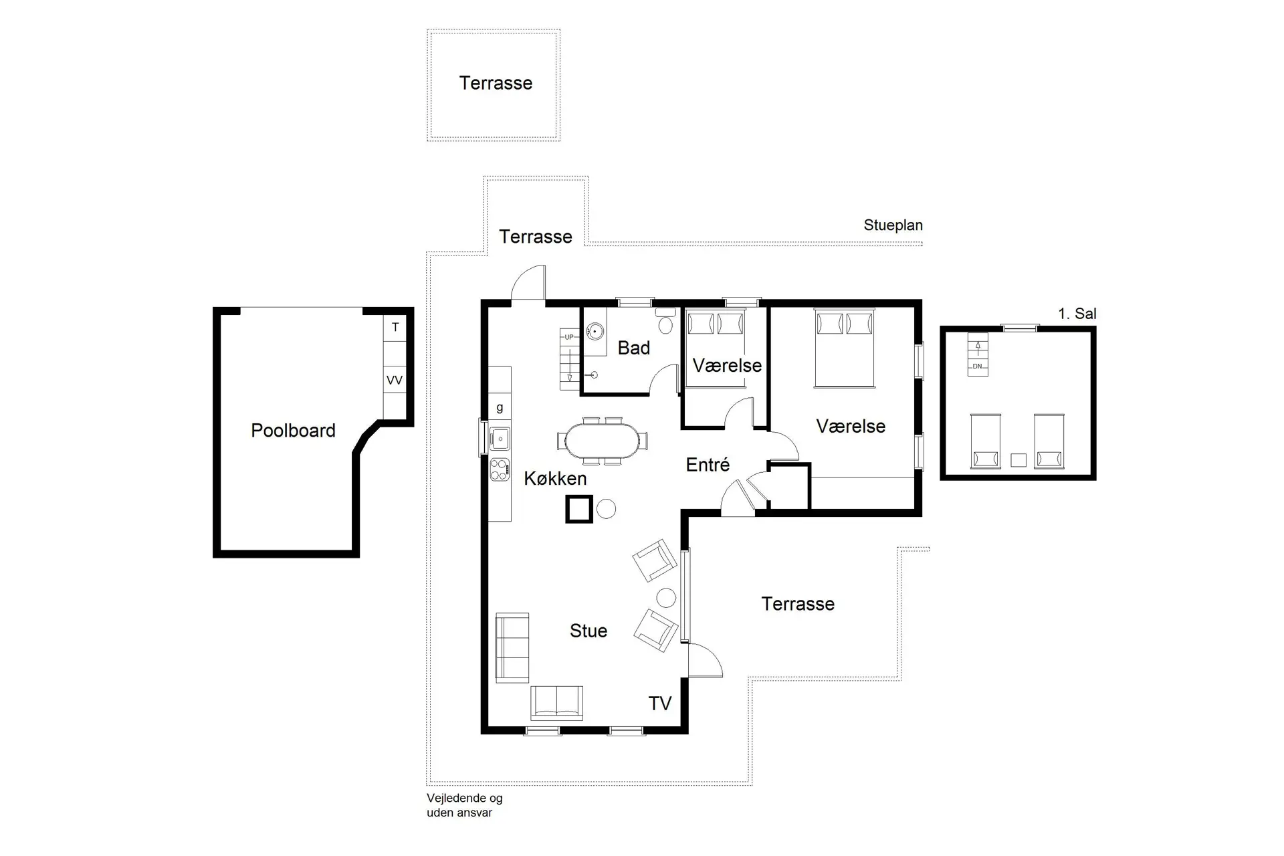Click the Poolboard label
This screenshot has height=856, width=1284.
[x=293, y=431]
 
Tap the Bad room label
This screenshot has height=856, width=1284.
[x=633, y=348]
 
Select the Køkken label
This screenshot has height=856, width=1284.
[x=555, y=478]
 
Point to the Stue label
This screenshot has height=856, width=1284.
[x=588, y=631]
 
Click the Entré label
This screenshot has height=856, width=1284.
[x=708, y=464]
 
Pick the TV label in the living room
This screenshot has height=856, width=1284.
[x=660, y=704]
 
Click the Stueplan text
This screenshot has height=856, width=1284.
[x=893, y=225]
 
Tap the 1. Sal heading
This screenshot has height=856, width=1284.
[x=1077, y=314]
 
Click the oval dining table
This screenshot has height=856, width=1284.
[x=601, y=441]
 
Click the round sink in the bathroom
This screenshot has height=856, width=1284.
[x=595, y=331]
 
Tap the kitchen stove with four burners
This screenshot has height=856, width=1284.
[x=500, y=469]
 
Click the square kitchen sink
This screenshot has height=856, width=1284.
[x=500, y=439]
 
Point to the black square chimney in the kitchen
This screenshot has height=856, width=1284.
[x=579, y=509]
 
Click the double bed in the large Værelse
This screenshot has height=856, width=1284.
[x=844, y=348]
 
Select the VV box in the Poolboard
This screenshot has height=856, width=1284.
[x=395, y=380]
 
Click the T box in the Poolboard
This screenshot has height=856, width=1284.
[x=395, y=328]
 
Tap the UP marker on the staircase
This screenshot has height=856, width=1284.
[x=569, y=337]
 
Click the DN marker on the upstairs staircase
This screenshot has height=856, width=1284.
[x=978, y=366]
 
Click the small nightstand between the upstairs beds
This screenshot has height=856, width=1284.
[x=1018, y=460]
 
